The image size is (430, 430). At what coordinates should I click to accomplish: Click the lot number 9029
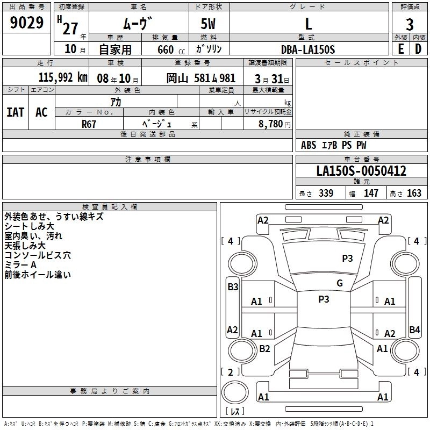pyautogui.click(x=27, y=23)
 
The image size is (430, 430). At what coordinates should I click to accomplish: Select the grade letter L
pyautogui.click(x=308, y=23)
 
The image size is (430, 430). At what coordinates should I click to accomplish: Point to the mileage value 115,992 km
pyautogui.click(x=63, y=77)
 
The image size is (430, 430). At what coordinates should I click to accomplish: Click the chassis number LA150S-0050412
pyautogui.click(x=361, y=171)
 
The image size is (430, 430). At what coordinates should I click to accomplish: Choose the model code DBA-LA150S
pyautogui.click(x=308, y=49)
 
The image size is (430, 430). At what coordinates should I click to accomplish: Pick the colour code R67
pyautogui.click(x=89, y=124)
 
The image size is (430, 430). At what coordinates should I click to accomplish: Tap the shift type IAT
pyautogui.click(x=16, y=112)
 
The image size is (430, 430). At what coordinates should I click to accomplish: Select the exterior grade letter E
pyautogui.click(x=400, y=49)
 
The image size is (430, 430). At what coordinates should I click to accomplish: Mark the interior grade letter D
pyautogui.click(x=418, y=49)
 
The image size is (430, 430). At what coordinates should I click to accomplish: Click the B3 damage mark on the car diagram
pyautogui.click(x=232, y=287)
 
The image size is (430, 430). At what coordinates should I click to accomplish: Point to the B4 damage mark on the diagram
pyautogui.click(x=414, y=329)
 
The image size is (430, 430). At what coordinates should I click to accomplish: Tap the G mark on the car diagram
pyautogui.click(x=340, y=283)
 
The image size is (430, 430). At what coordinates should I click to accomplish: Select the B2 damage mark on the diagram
pyautogui.click(x=264, y=348)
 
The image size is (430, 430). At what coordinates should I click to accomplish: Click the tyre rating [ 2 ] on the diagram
pyautogui.click(x=231, y=372)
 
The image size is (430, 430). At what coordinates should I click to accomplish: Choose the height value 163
pyautogui.click(x=414, y=193)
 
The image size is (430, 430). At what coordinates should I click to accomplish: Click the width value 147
pyautogui.click(x=371, y=193)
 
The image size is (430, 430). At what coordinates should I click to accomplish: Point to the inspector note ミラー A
pyautogui.click(x=20, y=265)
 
